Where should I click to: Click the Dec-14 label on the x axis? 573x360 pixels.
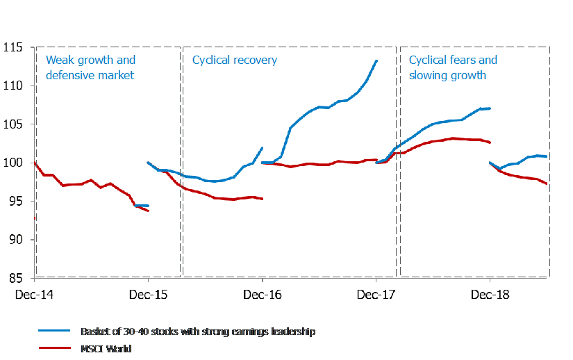35,295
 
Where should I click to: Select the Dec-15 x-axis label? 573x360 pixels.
149,295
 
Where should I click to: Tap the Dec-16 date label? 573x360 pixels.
262,295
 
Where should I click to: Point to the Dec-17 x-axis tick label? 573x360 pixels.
376,295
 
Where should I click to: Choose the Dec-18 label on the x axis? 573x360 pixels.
490,295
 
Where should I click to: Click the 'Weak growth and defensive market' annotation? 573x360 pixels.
90,67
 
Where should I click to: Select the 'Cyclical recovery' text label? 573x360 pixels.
234,60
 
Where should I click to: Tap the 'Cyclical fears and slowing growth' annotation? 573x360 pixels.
453,67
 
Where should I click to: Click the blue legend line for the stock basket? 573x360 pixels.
56,332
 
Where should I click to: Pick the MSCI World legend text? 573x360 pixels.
106,348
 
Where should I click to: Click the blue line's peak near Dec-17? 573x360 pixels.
376,60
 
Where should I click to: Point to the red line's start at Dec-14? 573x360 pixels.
35,163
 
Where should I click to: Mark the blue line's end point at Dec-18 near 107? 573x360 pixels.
490,108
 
